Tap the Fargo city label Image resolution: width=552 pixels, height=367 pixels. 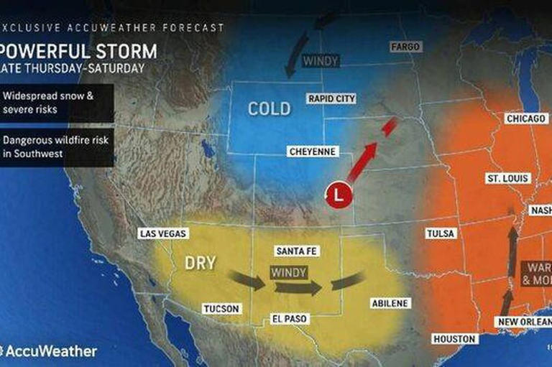tap(405, 47)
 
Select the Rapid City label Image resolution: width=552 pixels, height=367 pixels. tap(331, 98)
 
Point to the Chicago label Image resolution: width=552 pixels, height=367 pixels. tap(526, 119)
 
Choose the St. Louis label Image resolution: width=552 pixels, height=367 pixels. tap(507, 178)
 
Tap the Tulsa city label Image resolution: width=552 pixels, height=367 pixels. tap(441, 233)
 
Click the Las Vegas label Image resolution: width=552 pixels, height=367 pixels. tap(163, 233)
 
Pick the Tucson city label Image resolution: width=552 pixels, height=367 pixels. tap(221, 308)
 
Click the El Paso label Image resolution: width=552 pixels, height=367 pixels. tap(290, 318)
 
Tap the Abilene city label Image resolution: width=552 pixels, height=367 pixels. tap(390, 303)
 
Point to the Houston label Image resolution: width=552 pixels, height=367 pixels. tap(454, 338)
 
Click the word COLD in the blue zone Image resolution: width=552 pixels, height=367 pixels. tap(269, 109)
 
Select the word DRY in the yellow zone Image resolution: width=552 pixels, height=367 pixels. tap(200, 263)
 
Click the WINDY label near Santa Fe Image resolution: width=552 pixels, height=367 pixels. tap(289, 272)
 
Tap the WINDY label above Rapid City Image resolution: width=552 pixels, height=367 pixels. tap(321, 61)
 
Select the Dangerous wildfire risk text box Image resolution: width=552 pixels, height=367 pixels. tap(56, 147)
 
